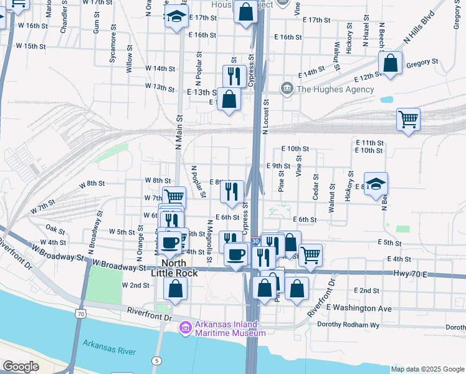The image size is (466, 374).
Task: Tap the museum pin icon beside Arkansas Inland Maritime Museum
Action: [185, 328]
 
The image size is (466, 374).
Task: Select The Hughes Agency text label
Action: [335, 89]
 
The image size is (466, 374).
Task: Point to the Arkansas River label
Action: [110, 348]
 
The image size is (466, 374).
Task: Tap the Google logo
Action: [21, 367]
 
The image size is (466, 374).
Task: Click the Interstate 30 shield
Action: [255, 241]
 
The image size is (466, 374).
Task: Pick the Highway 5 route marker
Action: [156, 360]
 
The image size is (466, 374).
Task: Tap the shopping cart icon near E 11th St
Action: [408, 118]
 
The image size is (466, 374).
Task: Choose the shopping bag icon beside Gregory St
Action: [390, 63]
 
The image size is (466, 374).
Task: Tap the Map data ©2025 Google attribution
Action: [427, 369]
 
